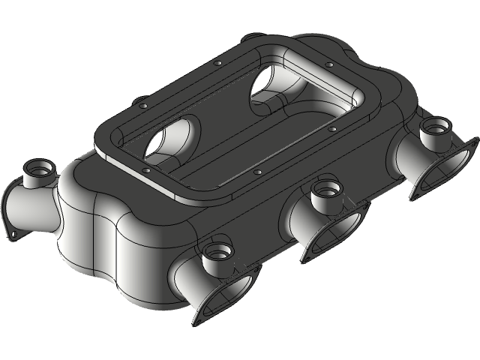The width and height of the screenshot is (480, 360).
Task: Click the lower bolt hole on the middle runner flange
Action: pyautogui.click(x=307, y=256)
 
